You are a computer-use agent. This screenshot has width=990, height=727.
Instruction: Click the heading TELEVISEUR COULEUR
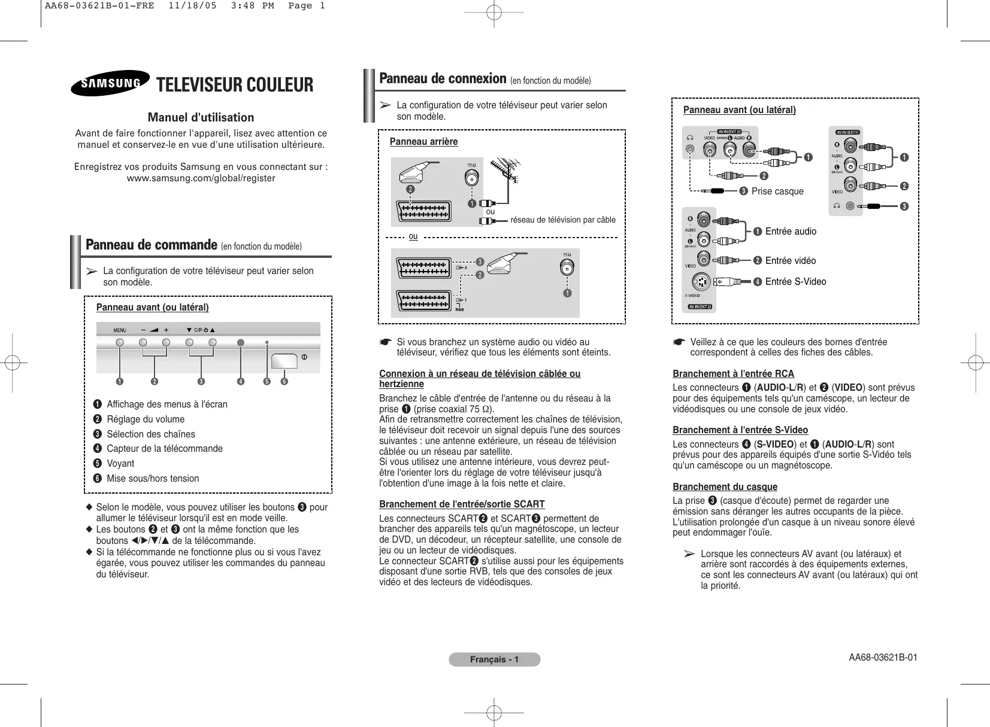(x=234, y=85)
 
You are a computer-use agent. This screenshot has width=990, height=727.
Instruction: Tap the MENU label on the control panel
(x=120, y=330)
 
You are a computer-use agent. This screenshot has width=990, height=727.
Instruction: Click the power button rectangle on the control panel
(x=284, y=361)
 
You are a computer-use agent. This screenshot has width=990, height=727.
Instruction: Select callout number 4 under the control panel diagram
(x=241, y=381)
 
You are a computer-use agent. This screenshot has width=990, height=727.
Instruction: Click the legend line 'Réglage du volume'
(x=146, y=419)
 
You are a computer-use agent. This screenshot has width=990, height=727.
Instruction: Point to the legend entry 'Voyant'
(x=120, y=463)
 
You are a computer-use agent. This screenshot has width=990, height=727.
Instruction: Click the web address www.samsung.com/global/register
(x=201, y=178)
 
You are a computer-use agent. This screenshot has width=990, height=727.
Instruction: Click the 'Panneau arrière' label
(x=423, y=142)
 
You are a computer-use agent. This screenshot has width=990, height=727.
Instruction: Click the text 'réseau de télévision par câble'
(x=562, y=220)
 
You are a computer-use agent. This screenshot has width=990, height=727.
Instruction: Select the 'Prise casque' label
(x=777, y=191)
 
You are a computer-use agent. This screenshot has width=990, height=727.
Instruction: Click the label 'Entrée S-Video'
(x=795, y=282)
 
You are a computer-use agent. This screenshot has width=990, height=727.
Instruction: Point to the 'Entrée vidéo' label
(x=790, y=260)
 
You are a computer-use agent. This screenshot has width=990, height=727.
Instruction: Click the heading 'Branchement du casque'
(x=725, y=486)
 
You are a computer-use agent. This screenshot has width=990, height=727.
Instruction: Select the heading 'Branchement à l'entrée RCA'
(x=733, y=373)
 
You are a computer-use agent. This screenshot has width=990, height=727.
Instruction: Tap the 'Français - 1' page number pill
(x=494, y=659)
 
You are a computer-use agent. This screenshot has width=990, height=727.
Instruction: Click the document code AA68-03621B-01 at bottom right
(x=883, y=658)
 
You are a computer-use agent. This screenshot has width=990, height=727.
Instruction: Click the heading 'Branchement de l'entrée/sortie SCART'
(x=462, y=504)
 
